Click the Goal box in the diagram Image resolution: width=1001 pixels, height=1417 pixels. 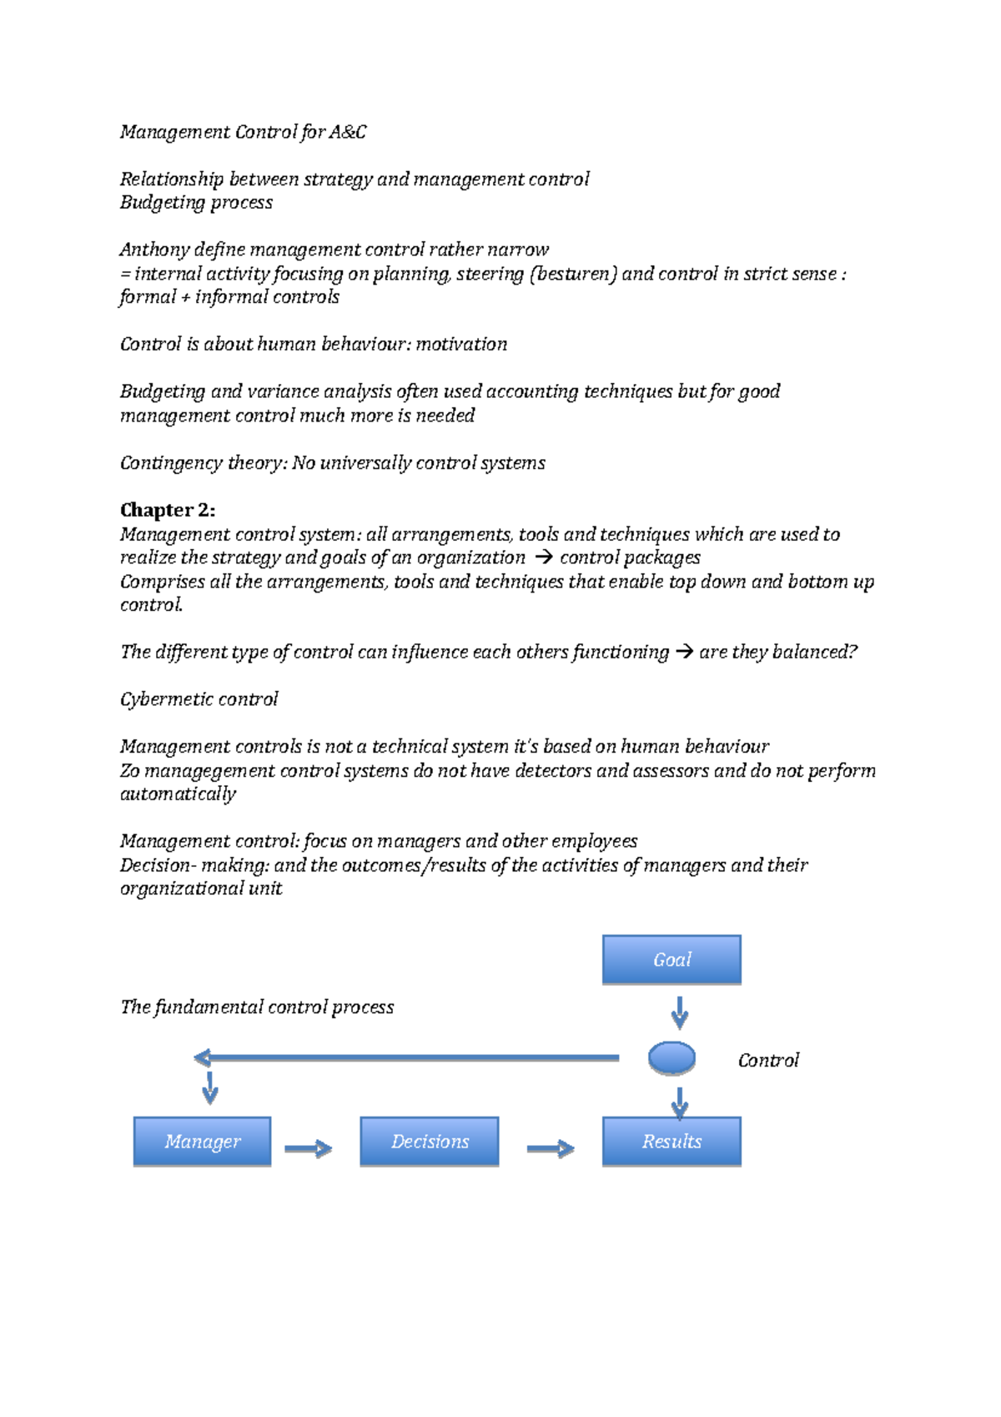[x=672, y=960]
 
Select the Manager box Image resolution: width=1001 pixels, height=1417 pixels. [x=202, y=1141]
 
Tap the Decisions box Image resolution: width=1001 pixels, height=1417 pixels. [x=430, y=1141]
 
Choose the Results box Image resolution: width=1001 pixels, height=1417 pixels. [x=672, y=1141]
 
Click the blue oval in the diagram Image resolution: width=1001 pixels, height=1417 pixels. [x=672, y=1058]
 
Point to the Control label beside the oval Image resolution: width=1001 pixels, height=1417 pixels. [x=768, y=1060]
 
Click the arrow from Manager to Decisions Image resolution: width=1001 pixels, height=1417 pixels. [x=308, y=1149]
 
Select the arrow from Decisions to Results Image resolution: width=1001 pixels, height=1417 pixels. [x=551, y=1149]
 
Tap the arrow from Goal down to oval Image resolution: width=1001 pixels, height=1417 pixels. [x=680, y=1012]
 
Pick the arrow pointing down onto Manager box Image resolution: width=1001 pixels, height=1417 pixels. [x=210, y=1088]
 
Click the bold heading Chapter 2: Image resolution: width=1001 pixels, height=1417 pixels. [x=168, y=510]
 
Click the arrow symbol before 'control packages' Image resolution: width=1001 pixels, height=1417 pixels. [x=543, y=557]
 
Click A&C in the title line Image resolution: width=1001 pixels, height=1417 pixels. [x=347, y=132]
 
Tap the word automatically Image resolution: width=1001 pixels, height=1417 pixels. [x=178, y=794]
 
